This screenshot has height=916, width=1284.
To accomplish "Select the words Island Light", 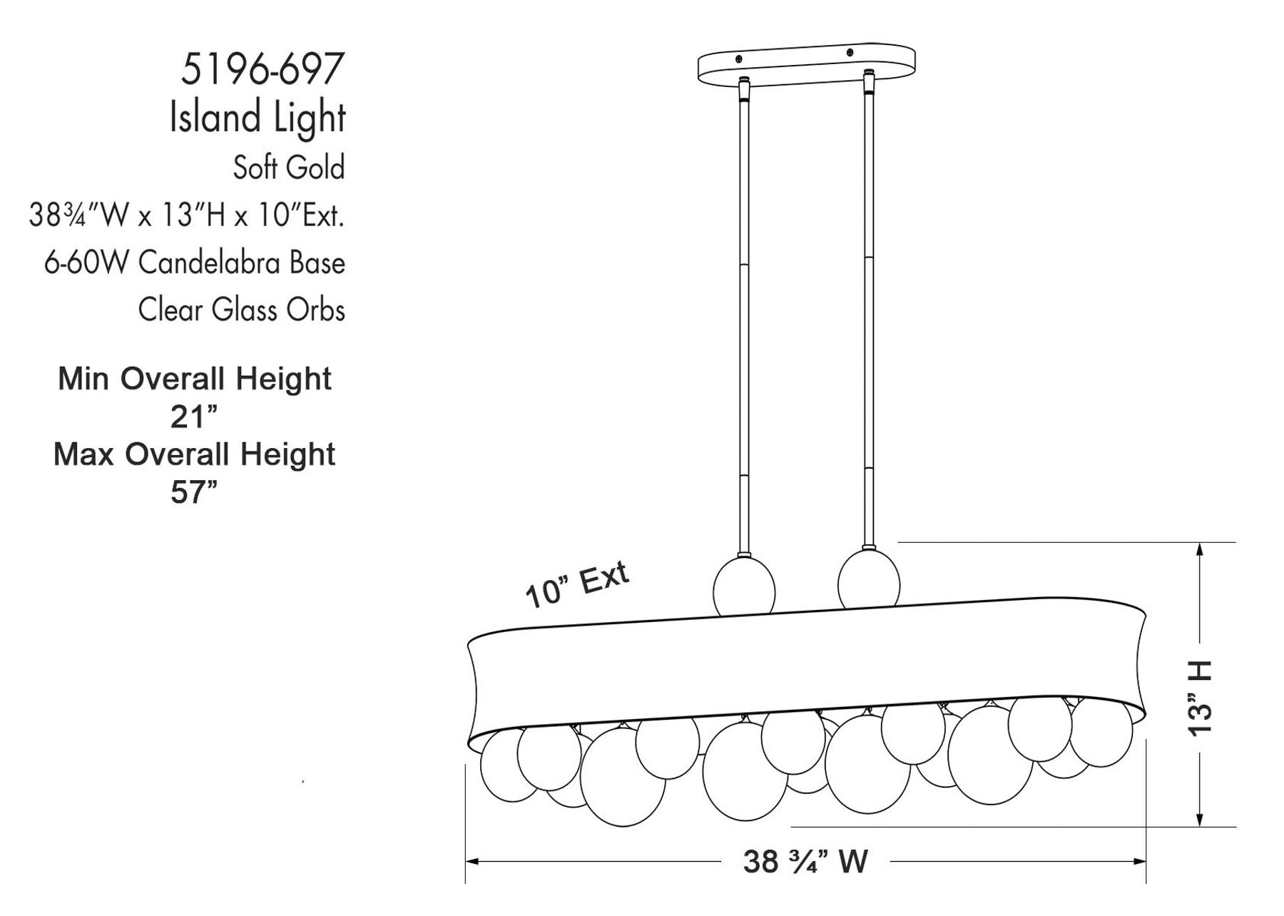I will point(258,118).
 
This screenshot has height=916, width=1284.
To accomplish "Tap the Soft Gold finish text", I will point(289,168).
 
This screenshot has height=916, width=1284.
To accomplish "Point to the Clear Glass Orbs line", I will point(241,310).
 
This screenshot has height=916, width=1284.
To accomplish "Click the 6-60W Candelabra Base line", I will point(194,263).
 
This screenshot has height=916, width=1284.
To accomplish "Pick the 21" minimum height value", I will point(193,417).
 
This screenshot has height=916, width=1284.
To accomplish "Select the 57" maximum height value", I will point(193,492).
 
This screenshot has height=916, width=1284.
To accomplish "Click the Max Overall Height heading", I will point(194,454).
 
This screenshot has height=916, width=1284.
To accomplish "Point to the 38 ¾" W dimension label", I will point(805,862).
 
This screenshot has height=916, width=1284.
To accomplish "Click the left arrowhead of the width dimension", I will point(471,862).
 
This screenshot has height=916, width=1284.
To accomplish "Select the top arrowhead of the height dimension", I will point(1201,549).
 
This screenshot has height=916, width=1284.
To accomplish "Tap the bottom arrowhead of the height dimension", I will point(1201,820).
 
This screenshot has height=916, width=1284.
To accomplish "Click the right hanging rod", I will point(869,321).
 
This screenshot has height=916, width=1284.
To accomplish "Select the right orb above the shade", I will point(868,579).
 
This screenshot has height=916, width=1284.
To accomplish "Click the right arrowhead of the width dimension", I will point(1141,862).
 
